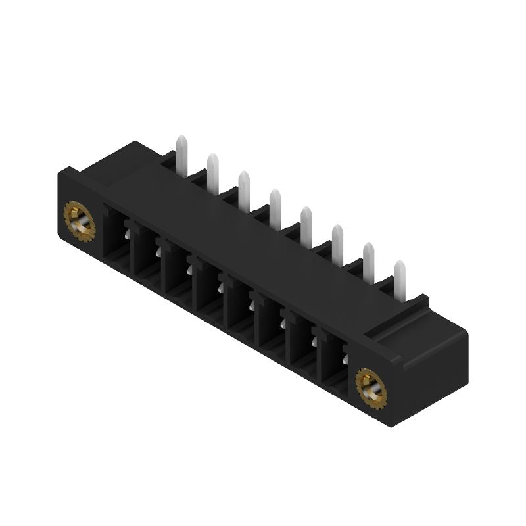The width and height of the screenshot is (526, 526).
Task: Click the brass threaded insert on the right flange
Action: [371, 385]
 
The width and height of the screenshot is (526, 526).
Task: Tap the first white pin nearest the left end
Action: [181, 153]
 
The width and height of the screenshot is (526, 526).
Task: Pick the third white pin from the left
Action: [244, 190]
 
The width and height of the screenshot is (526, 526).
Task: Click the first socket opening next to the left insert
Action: [116, 239]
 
